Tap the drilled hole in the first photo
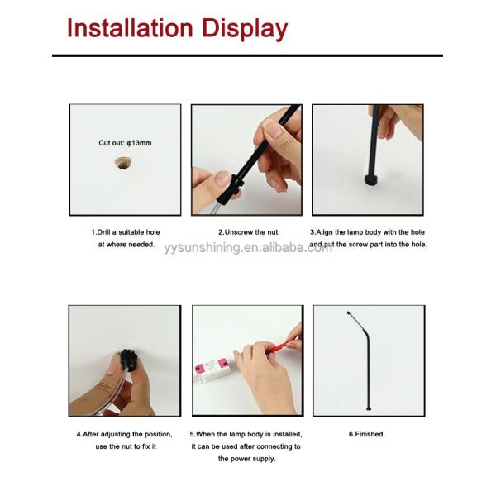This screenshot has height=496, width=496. pyautogui.click(x=125, y=165)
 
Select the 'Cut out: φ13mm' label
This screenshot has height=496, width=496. pyautogui.click(x=125, y=143)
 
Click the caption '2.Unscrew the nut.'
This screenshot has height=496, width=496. pyautogui.click(x=249, y=232)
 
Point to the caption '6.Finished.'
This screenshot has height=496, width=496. pyautogui.click(x=368, y=433)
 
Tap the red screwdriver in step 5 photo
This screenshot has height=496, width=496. pyautogui.click(x=283, y=345)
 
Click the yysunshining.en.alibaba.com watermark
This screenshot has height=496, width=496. pyautogui.click(x=248, y=247)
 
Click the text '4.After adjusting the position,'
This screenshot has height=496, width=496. pyautogui.click(x=124, y=433)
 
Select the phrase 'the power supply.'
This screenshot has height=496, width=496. pyautogui.click(x=246, y=458)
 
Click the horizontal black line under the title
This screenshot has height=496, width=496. pyautogui.click(x=248, y=55)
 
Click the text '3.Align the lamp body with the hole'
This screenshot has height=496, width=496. pyautogui.click(x=368, y=232)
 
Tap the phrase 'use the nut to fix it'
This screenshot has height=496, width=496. pyautogui.click(x=125, y=446)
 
